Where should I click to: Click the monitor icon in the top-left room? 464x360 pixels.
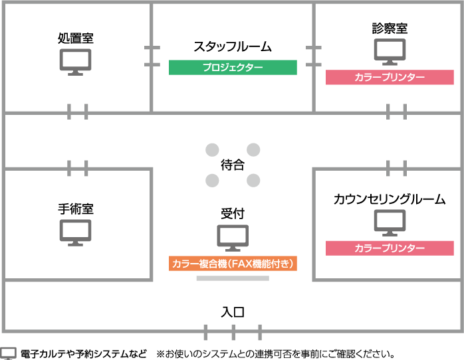[75, 61]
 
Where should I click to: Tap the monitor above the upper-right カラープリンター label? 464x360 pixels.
[390, 51]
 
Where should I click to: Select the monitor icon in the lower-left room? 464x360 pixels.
[75, 232]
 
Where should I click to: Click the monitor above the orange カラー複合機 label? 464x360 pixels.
[233, 237]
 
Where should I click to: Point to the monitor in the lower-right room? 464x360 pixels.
[390, 222]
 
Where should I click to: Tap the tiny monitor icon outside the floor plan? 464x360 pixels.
[8, 353]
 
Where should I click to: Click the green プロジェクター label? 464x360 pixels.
[233, 67]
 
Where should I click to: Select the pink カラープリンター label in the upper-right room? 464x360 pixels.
[390, 78]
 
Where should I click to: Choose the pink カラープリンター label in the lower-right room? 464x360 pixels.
[390, 248]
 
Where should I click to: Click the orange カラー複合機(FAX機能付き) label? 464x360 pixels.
[233, 264]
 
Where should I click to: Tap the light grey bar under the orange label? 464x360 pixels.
[233, 278]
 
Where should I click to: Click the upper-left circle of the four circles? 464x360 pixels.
[212, 150]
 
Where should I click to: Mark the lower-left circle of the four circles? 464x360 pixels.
[212, 180]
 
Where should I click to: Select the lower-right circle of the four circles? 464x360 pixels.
[253, 180]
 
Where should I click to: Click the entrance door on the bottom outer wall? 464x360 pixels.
[233, 331]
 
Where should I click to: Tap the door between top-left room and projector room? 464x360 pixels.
[152, 56]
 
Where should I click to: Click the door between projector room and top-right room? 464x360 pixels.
[314, 56]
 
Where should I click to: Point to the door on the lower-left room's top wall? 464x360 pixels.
[78, 169]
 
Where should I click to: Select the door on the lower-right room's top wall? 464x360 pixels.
[396, 169]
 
